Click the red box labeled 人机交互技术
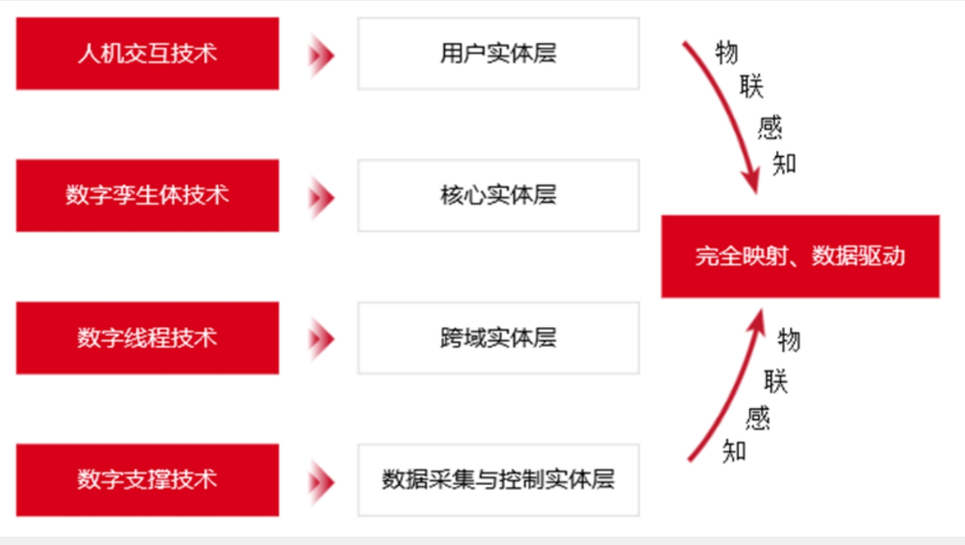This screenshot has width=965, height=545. (147, 53)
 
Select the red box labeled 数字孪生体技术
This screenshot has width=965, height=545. (147, 195)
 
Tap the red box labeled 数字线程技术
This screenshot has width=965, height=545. (147, 337)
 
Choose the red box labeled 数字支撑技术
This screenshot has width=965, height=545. (147, 480)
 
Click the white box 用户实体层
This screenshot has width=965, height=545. (498, 53)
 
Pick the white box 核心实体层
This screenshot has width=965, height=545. (498, 195)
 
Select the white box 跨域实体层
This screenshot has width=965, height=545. (498, 337)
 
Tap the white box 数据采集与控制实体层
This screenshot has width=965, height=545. (498, 480)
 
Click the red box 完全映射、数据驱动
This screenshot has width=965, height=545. (799, 256)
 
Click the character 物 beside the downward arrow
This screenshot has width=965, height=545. (727, 52)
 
